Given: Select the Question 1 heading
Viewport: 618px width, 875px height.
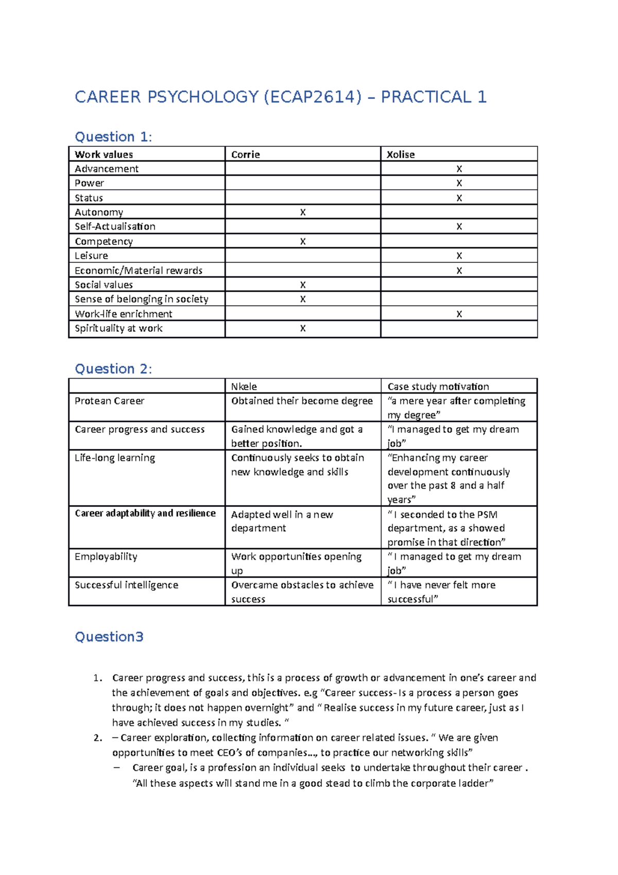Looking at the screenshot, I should click(x=113, y=137).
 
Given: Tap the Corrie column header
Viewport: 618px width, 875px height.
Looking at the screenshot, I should click(x=245, y=155).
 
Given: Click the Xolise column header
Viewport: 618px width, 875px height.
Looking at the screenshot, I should click(x=401, y=155).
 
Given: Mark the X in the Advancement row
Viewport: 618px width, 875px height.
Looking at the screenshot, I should click(x=459, y=169).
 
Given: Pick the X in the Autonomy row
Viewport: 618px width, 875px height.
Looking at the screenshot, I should click(x=303, y=212).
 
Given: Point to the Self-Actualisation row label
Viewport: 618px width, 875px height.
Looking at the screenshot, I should click(x=115, y=227).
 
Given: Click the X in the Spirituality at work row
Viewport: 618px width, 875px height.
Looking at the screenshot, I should click(x=303, y=328).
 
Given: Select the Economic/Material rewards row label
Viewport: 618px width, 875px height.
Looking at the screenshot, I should click(x=139, y=271).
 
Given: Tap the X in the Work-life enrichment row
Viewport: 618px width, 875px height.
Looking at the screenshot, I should click(x=459, y=314).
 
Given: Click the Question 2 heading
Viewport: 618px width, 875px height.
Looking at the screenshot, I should click(x=113, y=368).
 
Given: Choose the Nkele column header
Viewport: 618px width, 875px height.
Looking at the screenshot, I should click(x=244, y=386).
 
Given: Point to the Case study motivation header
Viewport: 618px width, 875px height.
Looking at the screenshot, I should click(x=438, y=386).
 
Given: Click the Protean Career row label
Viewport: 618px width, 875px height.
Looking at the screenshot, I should click(x=109, y=401).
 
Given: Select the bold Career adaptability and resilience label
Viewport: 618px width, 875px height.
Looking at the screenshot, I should click(x=145, y=513).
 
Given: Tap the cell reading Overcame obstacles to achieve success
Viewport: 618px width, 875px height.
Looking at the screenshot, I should click(x=302, y=592).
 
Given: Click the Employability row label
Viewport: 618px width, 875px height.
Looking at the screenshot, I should click(x=106, y=557).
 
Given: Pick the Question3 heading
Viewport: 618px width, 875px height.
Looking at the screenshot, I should click(x=109, y=637).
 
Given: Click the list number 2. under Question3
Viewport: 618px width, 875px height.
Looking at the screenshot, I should click(x=98, y=738).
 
